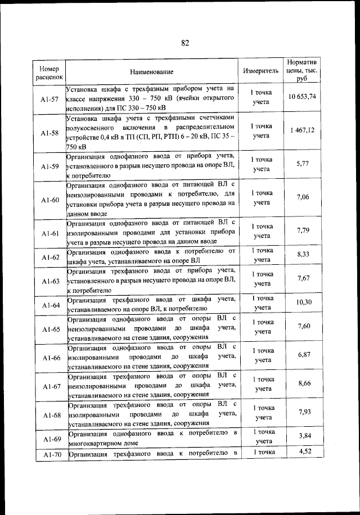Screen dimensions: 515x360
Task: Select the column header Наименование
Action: (x=152, y=72)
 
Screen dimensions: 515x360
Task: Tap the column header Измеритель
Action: (x=260, y=72)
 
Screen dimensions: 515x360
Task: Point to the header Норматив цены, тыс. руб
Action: (x=302, y=71)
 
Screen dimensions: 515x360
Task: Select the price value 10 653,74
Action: (x=302, y=97)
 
